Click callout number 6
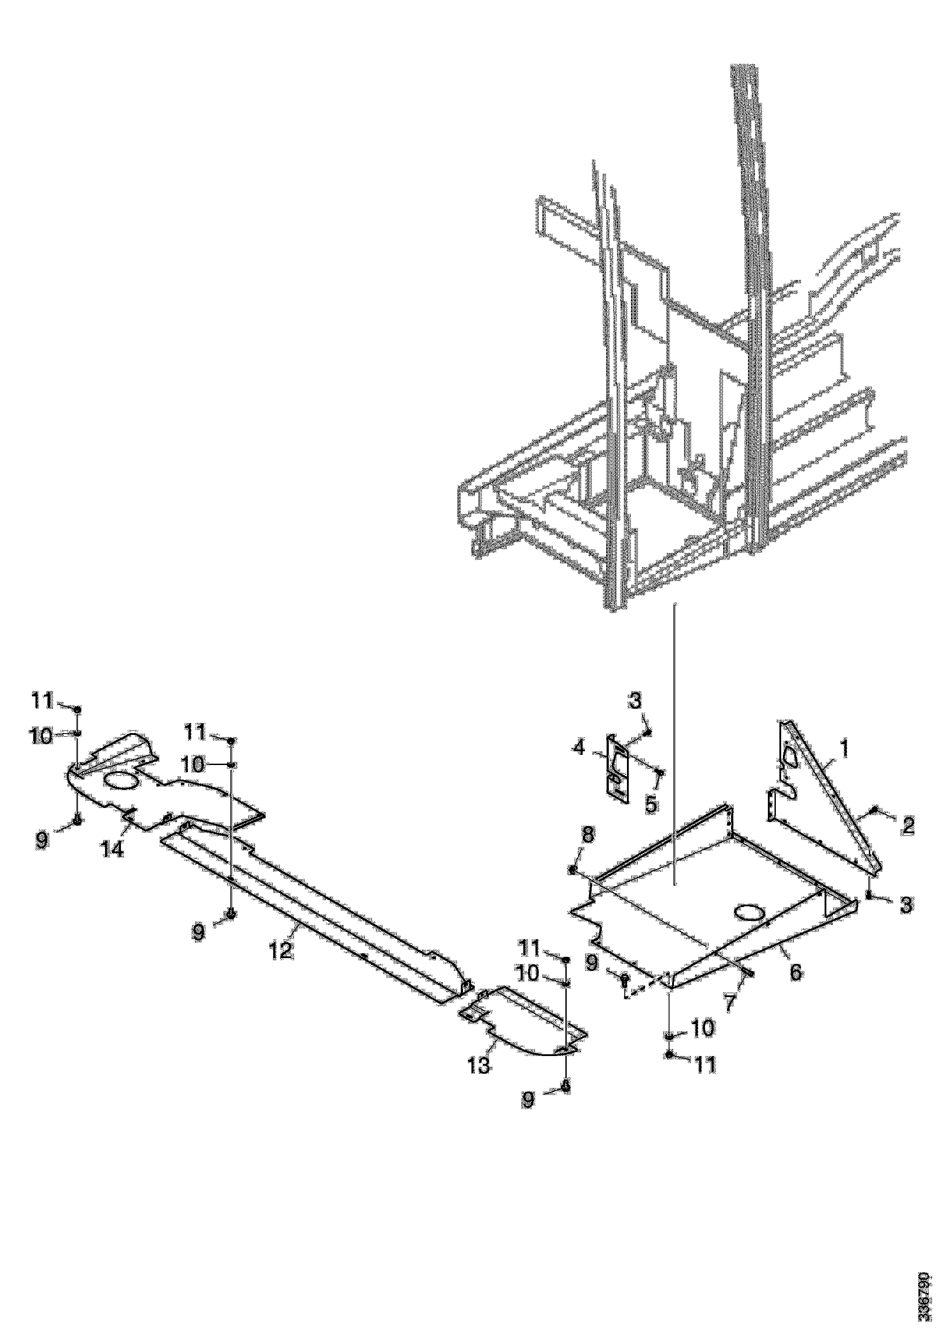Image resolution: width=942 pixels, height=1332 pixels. (x=795, y=972)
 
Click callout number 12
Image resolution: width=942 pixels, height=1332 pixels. (x=281, y=950)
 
